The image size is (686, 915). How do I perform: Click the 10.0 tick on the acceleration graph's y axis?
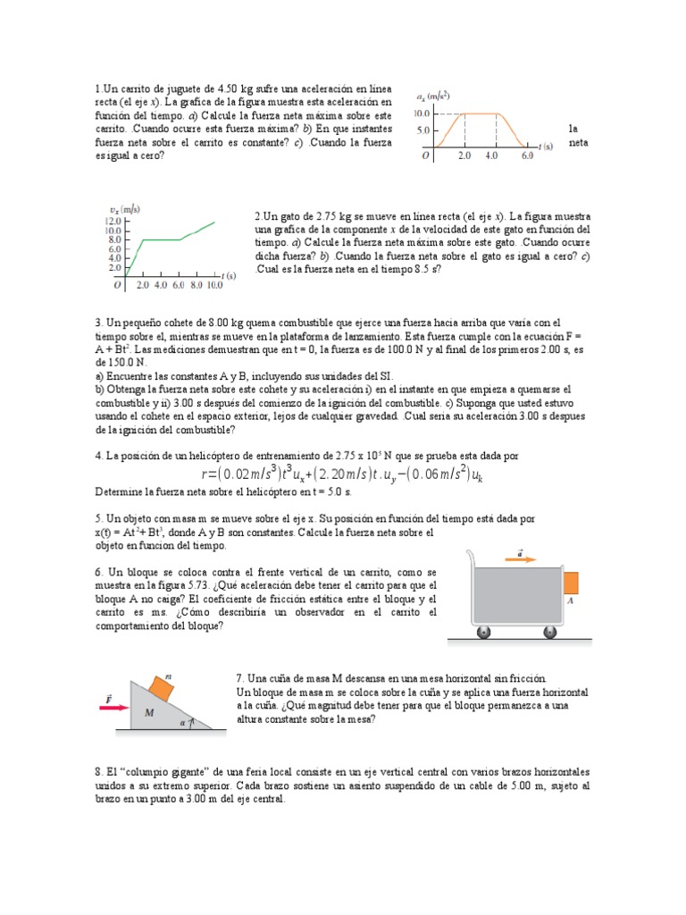tap(422, 113)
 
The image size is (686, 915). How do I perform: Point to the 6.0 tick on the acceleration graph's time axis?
tap(526, 155)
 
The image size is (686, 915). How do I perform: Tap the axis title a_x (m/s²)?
tap(434, 96)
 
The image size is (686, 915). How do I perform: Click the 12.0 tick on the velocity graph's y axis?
tap(113, 220)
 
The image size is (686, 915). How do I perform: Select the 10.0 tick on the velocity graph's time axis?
tap(215, 286)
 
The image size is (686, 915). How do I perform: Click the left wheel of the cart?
tap(483, 634)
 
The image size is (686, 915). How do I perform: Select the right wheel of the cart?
tap(551, 634)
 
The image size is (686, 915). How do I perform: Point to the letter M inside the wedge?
tap(149, 712)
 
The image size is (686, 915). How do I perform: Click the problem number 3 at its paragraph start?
tap(97, 322)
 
